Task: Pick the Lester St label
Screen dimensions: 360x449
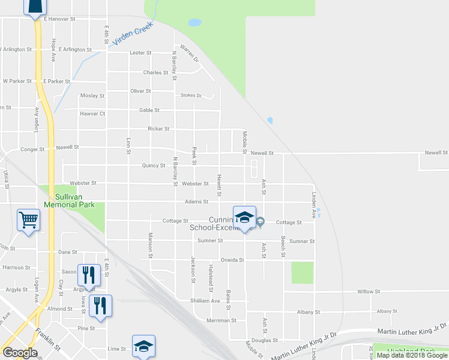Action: click(x=140, y=53)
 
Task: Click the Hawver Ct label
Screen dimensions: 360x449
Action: click(x=93, y=113)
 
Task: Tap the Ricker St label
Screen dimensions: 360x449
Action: click(x=159, y=128)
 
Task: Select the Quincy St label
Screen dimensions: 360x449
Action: click(x=154, y=166)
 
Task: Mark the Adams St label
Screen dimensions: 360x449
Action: click(x=196, y=202)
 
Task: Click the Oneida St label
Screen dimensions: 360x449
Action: click(x=232, y=260)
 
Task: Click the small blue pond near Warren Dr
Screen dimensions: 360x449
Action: click(x=194, y=23)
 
